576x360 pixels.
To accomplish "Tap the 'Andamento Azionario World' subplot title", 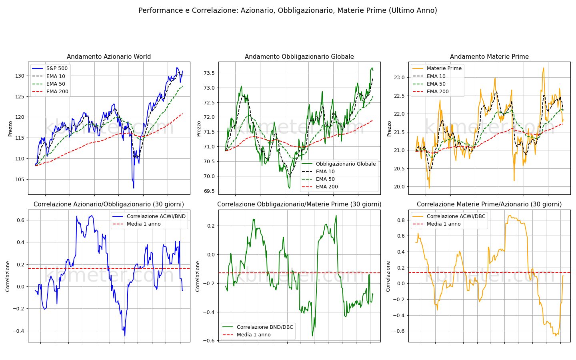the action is point(109,56).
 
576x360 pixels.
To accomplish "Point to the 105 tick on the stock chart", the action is point(20,180).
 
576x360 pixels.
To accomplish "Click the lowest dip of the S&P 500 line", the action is point(134,188).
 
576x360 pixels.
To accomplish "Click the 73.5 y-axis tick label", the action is point(209,73).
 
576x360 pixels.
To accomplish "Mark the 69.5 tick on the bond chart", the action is point(209,191).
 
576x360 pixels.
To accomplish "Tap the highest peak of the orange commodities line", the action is point(544,68).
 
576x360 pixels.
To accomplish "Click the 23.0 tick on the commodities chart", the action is point(399,78).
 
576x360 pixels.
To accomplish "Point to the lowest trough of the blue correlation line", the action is point(125,336).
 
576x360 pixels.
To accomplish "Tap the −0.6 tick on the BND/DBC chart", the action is point(209,341).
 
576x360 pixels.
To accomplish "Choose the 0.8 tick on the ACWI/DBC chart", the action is point(401,220).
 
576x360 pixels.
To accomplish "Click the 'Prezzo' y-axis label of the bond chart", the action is point(199,129).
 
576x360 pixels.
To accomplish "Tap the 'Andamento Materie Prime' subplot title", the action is point(489,56).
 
